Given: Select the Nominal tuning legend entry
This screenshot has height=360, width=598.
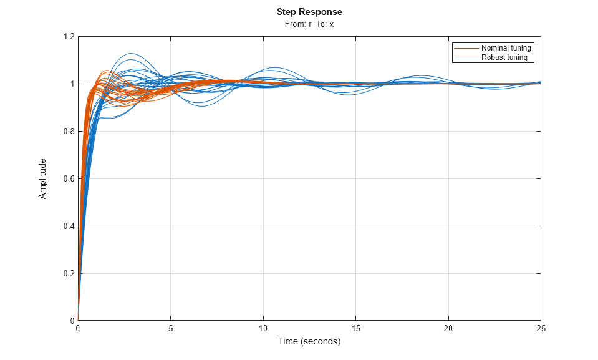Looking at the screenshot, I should click(506, 48).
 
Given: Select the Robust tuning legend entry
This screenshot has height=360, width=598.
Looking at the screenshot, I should click(504, 57).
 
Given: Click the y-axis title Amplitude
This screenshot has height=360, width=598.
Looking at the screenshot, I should click(43, 178).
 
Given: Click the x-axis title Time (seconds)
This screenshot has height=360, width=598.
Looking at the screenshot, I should click(309, 341).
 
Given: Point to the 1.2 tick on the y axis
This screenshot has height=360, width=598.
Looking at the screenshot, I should click(67, 37).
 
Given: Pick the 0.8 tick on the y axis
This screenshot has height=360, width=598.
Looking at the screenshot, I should click(67, 132).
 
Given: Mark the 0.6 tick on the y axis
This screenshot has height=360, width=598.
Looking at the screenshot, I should click(67, 179).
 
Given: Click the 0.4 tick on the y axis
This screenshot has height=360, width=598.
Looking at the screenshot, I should click(67, 226).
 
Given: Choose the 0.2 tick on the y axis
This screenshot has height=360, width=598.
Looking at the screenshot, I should click(67, 274).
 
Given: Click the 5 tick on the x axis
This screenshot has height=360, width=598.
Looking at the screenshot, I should click(170, 328).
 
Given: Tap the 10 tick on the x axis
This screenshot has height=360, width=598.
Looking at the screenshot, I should click(263, 328).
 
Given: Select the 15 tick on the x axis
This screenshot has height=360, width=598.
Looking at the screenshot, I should click(355, 328).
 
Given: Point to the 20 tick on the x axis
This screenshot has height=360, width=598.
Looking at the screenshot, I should click(448, 328).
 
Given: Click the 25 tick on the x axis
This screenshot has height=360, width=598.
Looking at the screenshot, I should click(541, 328).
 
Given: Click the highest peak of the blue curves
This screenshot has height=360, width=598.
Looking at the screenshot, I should click(130, 54).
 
